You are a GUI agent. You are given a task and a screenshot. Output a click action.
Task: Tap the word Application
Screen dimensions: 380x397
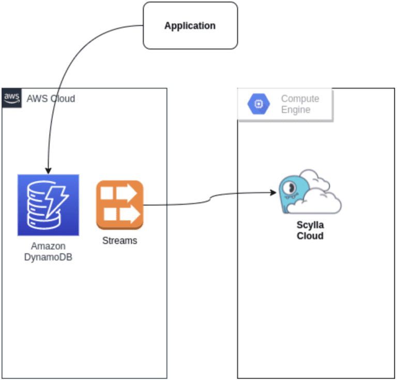pyautogui.click(x=190, y=25)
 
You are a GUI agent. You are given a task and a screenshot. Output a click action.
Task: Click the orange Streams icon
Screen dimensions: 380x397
pyautogui.click(x=119, y=205)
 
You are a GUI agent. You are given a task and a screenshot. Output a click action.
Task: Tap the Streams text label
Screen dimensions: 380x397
pyautogui.click(x=119, y=240)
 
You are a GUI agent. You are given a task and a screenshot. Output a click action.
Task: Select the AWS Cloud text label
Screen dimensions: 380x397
pyautogui.click(x=51, y=98)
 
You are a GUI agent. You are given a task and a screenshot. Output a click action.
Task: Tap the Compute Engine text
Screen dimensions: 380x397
pyautogui.click(x=300, y=104)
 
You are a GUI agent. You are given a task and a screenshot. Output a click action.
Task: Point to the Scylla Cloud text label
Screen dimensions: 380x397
pyautogui.click(x=310, y=231)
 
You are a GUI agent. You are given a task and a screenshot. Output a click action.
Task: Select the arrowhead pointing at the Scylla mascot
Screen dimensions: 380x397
pyautogui.click(x=273, y=193)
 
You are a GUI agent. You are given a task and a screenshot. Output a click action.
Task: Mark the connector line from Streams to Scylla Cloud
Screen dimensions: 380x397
pyautogui.click(x=207, y=201)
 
